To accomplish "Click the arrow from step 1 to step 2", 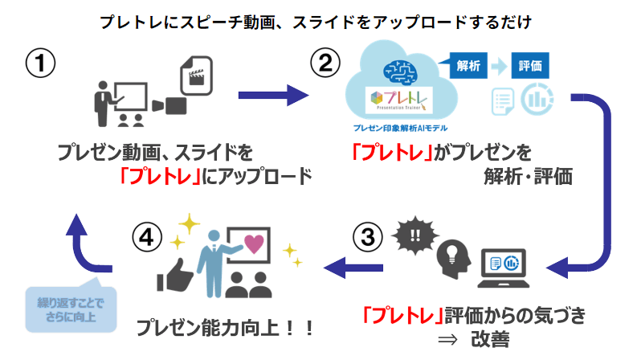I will [x=273, y=96].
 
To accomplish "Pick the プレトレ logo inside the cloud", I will [x=398, y=100].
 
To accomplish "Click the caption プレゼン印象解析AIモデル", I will [x=399, y=128].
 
